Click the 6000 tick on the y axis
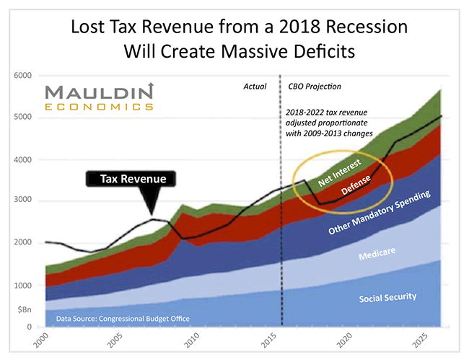pyautogui.click(x=22, y=76)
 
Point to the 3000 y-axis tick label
pyautogui.click(x=22, y=201)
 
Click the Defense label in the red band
pyautogui.click(x=356, y=186)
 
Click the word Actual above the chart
pyautogui.click(x=255, y=87)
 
